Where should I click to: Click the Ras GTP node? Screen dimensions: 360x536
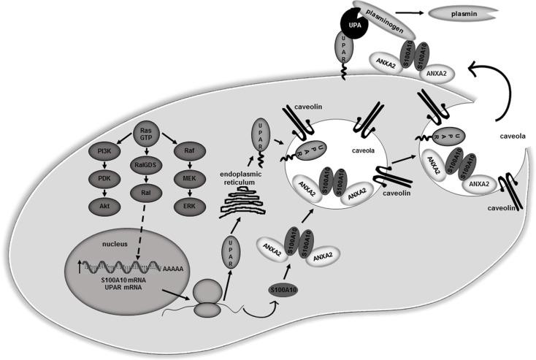coord(146,134)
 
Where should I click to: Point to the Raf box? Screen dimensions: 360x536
coord(187,154)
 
